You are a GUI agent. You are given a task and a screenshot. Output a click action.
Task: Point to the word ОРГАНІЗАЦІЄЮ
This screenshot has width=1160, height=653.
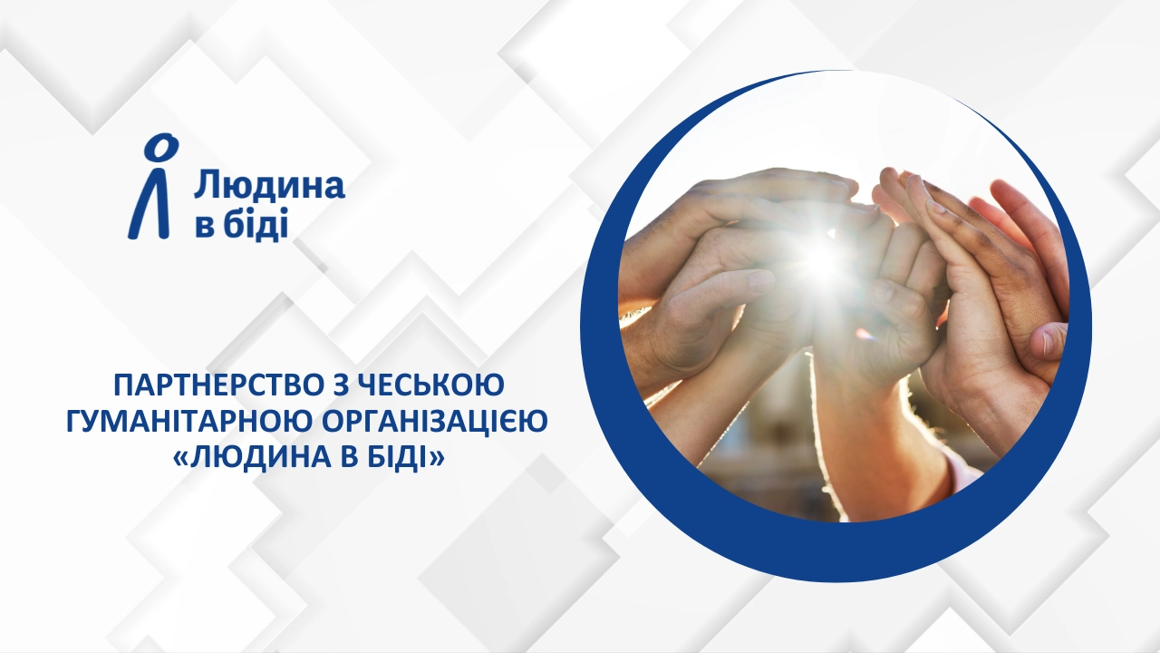coord(434,422)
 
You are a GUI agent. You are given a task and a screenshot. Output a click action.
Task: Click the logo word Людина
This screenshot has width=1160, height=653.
coord(269,187)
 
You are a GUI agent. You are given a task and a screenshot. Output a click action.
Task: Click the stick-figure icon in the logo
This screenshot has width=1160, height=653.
coord(152,187)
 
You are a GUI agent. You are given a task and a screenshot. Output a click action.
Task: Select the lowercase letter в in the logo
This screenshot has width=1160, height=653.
coord(204,228)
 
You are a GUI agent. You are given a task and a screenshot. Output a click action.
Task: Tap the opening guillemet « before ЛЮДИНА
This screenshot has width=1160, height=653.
coord(179,459)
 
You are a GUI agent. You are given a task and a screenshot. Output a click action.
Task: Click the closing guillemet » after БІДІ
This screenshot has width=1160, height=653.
coord(438,459)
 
